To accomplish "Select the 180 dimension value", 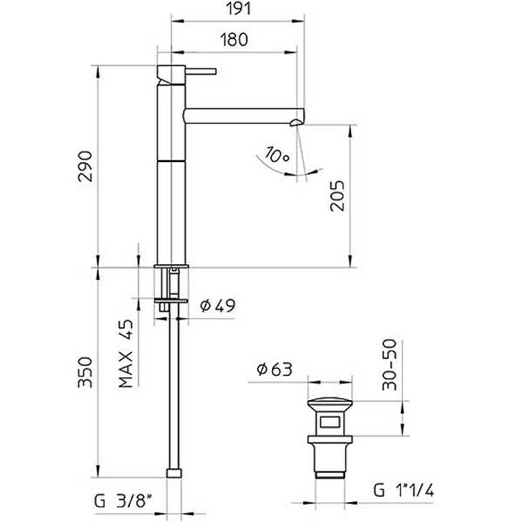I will pos(233,39).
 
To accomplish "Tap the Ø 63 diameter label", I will pos(274,369).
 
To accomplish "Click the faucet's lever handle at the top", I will pos(202,69).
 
